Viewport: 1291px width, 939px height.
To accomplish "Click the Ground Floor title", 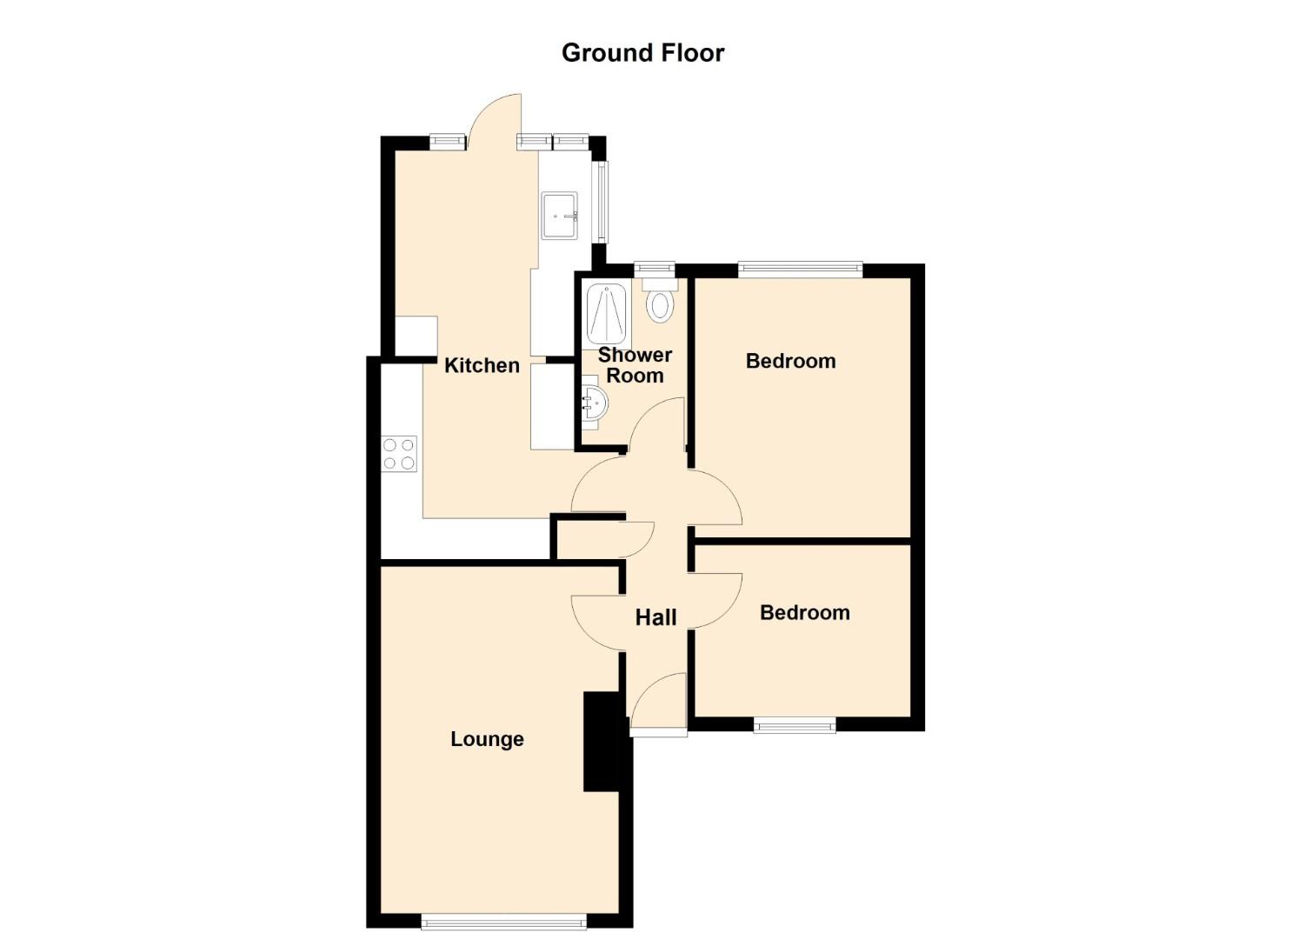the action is [642, 53].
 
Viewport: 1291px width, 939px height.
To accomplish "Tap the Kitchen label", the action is [482, 365].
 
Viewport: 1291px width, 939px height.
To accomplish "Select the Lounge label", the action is [487, 739].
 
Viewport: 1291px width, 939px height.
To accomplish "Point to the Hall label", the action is [655, 618].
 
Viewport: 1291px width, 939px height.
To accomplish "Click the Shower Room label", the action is [635, 365].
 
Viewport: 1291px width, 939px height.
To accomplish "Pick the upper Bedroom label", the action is [791, 361].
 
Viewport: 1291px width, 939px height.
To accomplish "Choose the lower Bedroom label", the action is [804, 612].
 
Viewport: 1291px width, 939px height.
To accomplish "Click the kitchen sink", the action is [559, 216].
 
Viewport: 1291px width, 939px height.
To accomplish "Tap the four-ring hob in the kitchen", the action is [399, 454].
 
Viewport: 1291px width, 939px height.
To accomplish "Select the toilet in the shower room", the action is [660, 300].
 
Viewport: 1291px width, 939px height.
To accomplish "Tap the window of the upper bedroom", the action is [801, 268].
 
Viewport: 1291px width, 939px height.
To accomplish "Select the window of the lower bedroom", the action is [795, 725].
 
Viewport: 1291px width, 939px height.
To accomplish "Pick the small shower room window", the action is [654, 268].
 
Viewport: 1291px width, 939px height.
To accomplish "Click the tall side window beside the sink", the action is [602, 202].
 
